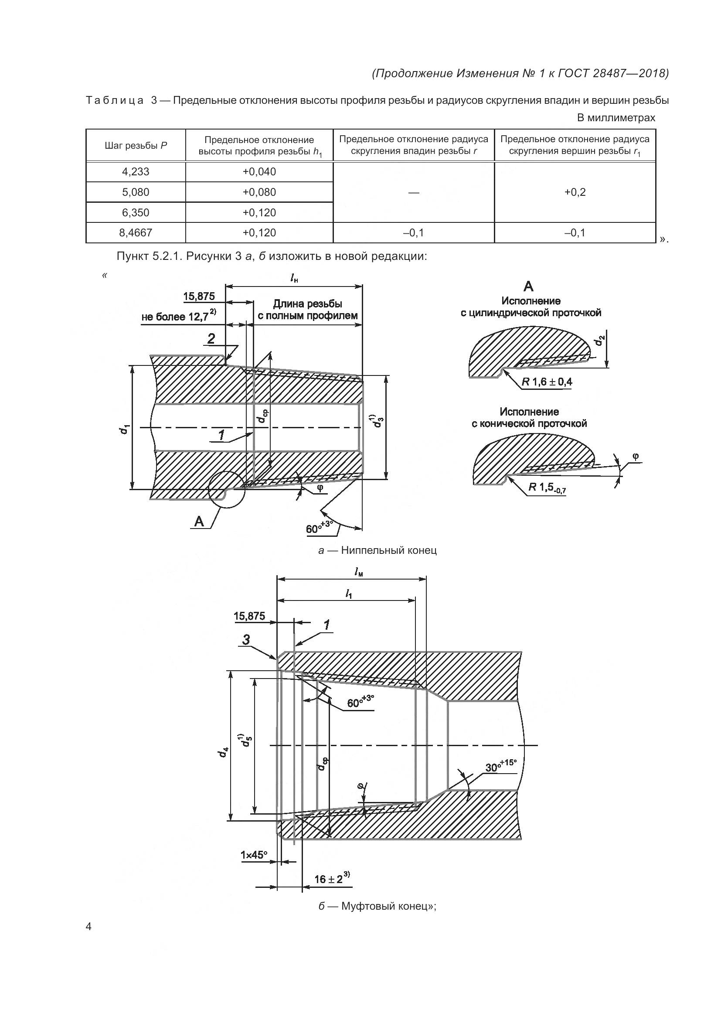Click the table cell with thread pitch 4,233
point(136,171)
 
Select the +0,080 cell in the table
point(259,192)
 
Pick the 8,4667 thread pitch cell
point(136,232)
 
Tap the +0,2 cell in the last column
point(575,192)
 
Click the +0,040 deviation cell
point(259,171)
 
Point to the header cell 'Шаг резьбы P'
point(136,145)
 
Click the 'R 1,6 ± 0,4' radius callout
point(547,382)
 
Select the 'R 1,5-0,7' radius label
point(547,488)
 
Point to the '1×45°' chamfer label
point(254,855)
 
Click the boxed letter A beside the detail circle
point(199,521)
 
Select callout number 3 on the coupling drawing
point(246,639)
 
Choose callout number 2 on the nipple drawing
point(211,338)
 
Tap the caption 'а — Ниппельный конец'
point(378,550)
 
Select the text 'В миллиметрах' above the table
point(616,118)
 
